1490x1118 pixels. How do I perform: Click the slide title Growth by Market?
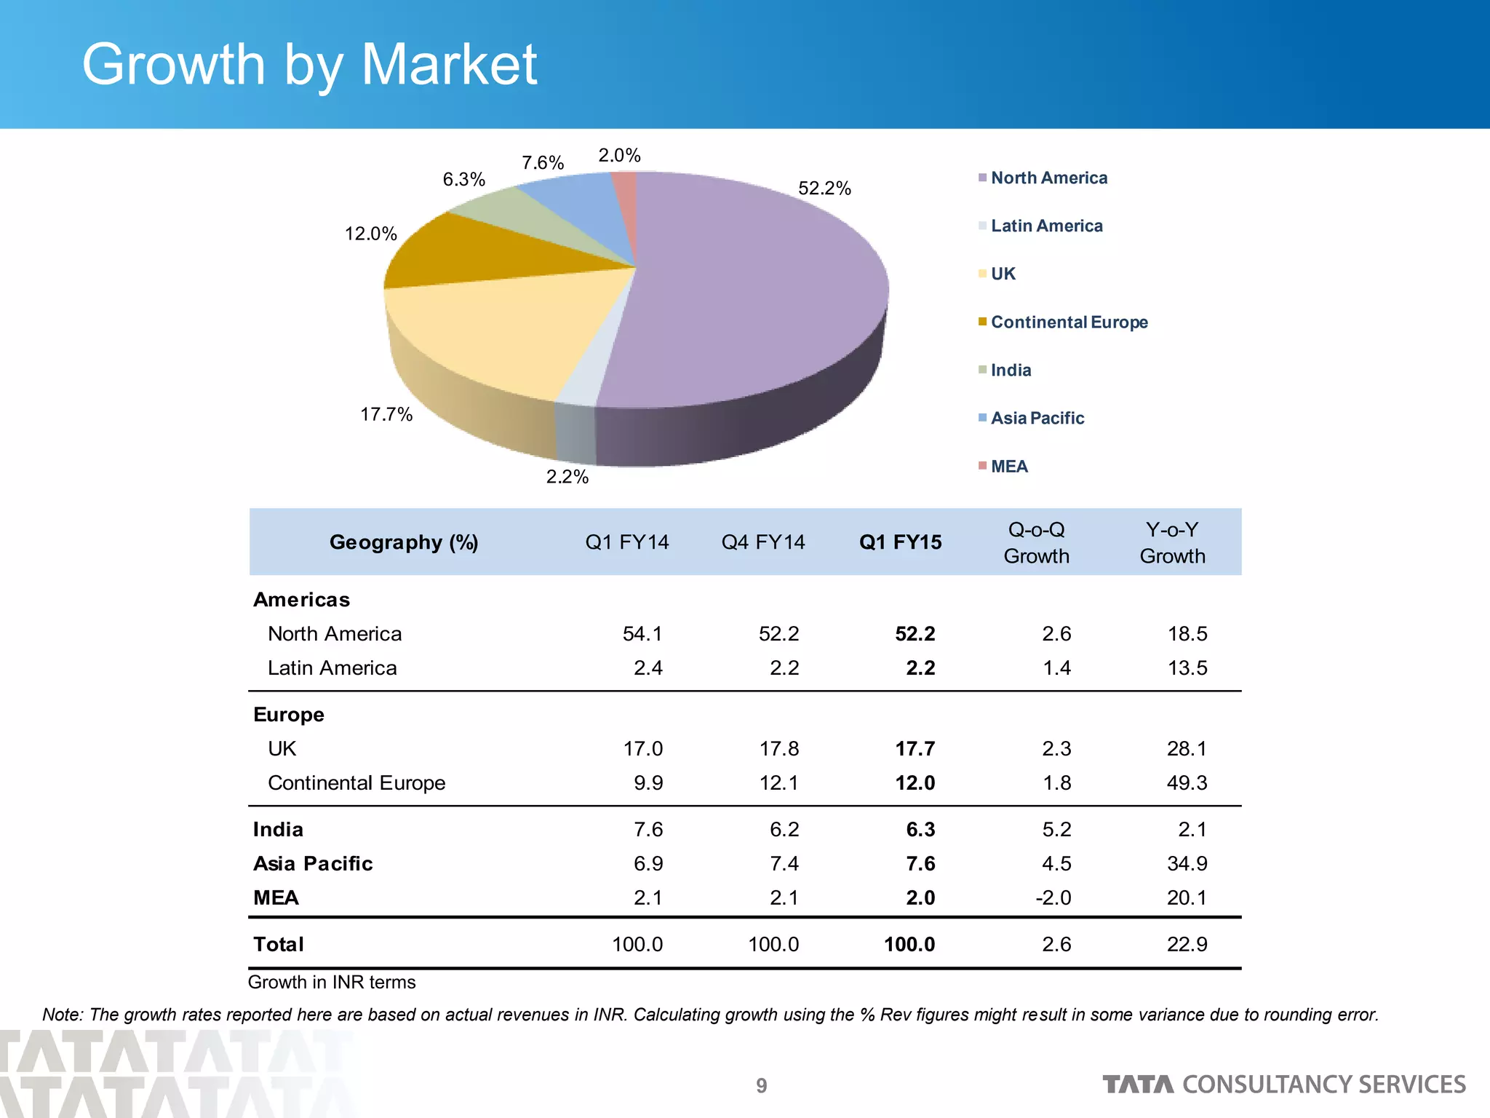tap(309, 66)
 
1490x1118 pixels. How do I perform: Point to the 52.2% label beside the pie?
tap(824, 189)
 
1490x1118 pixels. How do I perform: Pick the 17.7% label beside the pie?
tap(386, 415)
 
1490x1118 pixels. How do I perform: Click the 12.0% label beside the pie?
tap(370, 234)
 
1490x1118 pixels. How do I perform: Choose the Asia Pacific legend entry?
tap(1037, 419)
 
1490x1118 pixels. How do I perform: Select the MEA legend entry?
tap(1008, 467)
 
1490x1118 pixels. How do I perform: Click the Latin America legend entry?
tap(1046, 226)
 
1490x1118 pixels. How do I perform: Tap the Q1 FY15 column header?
tap(900, 542)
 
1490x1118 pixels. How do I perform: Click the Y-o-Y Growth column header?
tap(1172, 543)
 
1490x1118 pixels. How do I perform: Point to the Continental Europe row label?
tap(356, 783)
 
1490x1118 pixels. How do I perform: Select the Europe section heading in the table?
tap(289, 715)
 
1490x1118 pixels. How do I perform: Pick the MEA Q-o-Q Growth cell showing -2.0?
tap(1053, 898)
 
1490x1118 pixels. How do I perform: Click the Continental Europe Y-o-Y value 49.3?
tap(1187, 783)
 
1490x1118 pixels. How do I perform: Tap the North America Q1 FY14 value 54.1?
tap(642, 634)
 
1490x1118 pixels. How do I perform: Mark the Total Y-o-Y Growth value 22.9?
tap(1187, 945)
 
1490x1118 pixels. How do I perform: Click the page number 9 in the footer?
tap(761, 1086)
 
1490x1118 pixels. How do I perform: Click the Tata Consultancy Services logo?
tap(1284, 1085)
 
